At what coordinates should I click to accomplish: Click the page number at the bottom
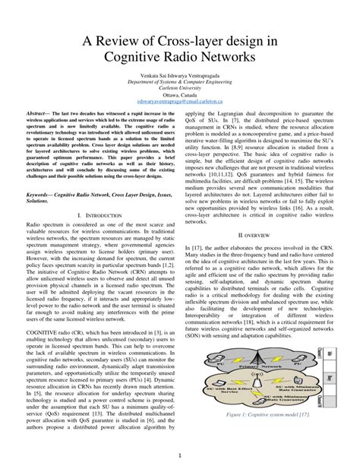(x=180, y=455)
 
